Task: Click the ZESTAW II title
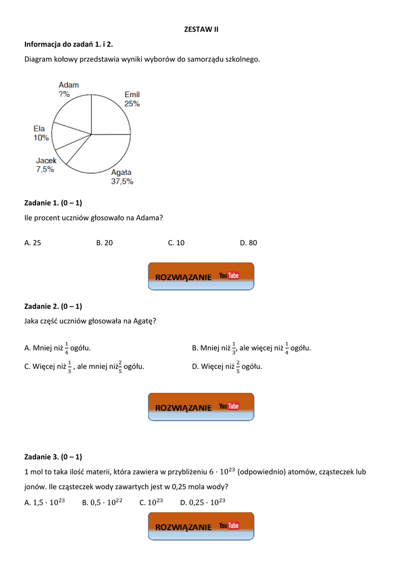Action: (x=201, y=29)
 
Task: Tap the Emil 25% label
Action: (x=132, y=99)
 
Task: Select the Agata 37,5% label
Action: (x=122, y=177)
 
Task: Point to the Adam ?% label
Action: (x=68, y=89)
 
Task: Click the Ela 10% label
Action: (x=41, y=133)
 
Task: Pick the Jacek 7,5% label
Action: (x=46, y=165)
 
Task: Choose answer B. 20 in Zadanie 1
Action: (x=105, y=243)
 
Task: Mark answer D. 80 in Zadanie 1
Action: (x=248, y=243)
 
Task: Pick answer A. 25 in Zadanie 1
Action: (x=33, y=243)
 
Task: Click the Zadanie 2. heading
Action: (x=53, y=306)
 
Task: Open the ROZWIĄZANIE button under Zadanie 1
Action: (x=201, y=276)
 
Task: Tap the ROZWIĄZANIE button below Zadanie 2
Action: (x=201, y=407)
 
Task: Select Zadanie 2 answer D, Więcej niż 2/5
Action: (x=227, y=366)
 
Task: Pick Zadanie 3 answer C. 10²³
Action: (x=151, y=502)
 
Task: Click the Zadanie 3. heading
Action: (x=53, y=457)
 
